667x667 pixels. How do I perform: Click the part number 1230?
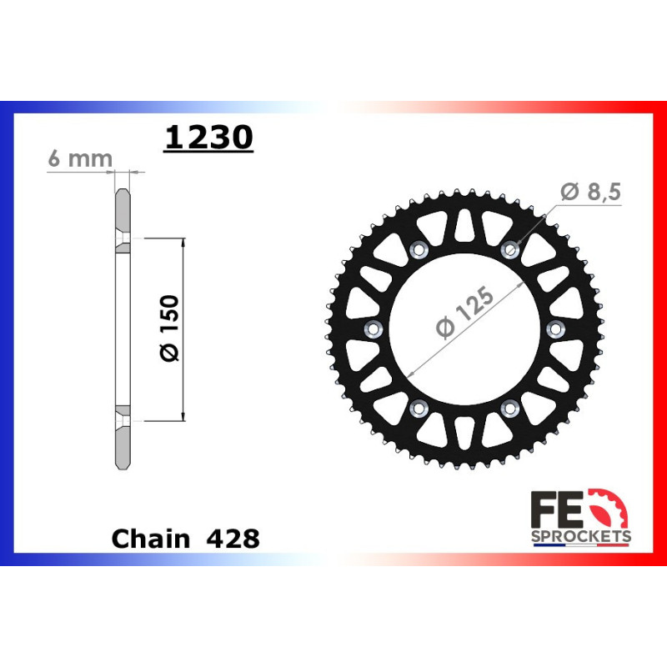coord(208,138)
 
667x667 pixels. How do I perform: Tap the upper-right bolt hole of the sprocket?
coord(510,248)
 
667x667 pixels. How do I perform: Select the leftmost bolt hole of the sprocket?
coord(372,328)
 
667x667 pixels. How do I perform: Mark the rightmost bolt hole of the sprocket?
coord(556,328)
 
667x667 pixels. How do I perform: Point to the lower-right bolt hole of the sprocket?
coord(510,407)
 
